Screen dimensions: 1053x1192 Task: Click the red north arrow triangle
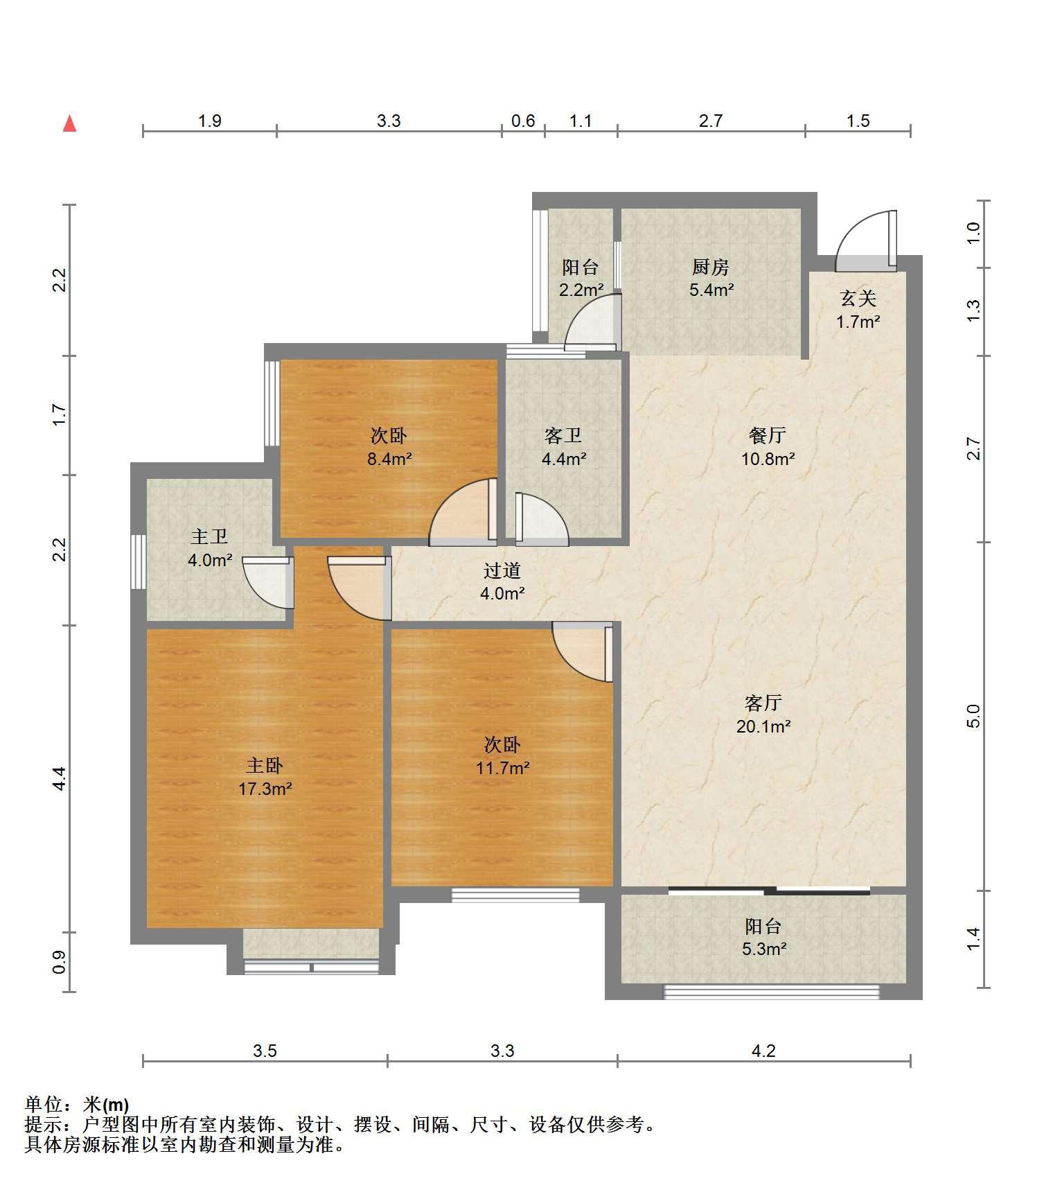point(69,124)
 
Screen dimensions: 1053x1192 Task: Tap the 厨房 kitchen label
point(710,267)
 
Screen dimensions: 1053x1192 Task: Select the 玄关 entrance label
point(858,299)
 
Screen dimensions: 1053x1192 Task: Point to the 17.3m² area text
point(265,789)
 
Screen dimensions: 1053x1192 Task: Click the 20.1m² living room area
point(763,726)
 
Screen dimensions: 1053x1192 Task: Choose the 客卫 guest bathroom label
point(563,436)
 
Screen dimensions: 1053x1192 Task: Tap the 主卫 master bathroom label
point(209,537)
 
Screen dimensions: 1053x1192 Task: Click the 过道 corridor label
point(502,571)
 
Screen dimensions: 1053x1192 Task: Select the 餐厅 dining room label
point(767,435)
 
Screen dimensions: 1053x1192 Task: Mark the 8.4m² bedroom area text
point(389,458)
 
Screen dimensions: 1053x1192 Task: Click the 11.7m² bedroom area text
point(502,768)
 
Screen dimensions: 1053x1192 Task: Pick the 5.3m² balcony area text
point(763,949)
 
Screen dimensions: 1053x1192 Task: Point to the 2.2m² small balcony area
point(581,290)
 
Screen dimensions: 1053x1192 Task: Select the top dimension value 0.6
point(523,121)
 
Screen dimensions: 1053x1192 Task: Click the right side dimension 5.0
point(973,716)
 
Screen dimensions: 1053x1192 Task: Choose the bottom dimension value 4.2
point(763,1051)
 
